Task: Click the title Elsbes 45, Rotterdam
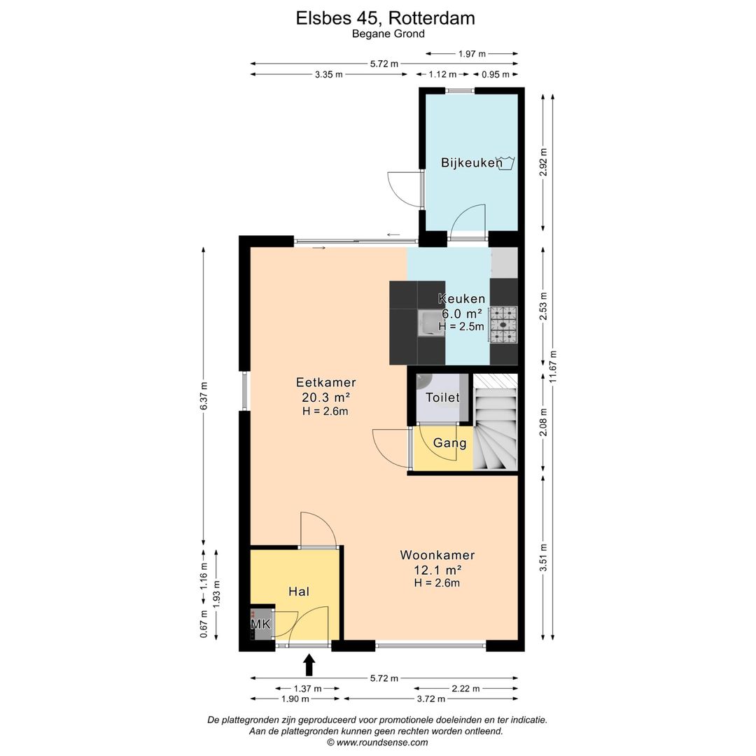(x=385, y=18)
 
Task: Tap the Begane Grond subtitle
(x=388, y=34)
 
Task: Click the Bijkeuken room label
(x=472, y=162)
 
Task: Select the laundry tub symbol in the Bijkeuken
(x=506, y=162)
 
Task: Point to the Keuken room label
(x=461, y=298)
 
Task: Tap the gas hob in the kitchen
(x=504, y=325)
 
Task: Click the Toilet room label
(x=442, y=398)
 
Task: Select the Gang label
(x=450, y=443)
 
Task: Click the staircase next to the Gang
(x=495, y=422)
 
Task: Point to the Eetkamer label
(x=326, y=382)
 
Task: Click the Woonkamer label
(x=437, y=555)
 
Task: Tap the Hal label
(x=299, y=591)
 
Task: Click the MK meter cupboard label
(x=261, y=624)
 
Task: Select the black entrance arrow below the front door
(x=309, y=664)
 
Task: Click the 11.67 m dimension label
(x=553, y=366)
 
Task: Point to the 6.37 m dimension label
(x=204, y=395)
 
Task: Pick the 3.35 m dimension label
(x=329, y=74)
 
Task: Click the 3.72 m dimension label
(x=431, y=699)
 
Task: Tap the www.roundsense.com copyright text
(x=377, y=743)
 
